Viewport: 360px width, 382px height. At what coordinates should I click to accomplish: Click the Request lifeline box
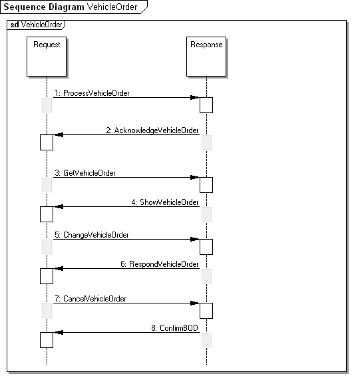47,57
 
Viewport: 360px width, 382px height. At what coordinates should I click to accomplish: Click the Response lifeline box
206,57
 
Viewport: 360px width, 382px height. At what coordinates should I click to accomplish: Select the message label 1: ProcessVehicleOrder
92,93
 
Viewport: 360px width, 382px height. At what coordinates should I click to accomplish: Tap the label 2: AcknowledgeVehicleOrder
152,130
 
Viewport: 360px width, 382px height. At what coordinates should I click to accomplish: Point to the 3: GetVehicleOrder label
85,173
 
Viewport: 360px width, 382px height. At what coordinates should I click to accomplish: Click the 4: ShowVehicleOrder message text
165,202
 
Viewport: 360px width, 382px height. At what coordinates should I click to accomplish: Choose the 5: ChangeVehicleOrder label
92,235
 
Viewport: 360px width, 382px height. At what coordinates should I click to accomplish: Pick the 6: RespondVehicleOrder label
160,264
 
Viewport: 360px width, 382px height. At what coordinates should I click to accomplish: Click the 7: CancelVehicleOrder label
90,299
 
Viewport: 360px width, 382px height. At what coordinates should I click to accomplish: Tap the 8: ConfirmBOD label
174,328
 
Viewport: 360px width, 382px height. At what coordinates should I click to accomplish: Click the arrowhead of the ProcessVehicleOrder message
195,97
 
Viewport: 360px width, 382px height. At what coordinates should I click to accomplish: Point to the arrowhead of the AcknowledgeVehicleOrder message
59,134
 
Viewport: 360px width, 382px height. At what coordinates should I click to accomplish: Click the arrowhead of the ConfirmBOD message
59,332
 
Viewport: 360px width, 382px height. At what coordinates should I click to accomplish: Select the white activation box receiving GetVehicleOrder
206,185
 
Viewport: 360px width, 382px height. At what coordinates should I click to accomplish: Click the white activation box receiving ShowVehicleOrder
47,214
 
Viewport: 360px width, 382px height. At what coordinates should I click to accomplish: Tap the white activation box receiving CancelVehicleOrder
206,311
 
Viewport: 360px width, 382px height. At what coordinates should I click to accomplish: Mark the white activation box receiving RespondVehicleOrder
47,276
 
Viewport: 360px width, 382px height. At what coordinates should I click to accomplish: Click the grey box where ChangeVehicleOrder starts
47,247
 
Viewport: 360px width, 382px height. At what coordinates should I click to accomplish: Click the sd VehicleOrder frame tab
37,25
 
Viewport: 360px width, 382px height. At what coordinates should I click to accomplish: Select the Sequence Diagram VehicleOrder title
71,7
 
